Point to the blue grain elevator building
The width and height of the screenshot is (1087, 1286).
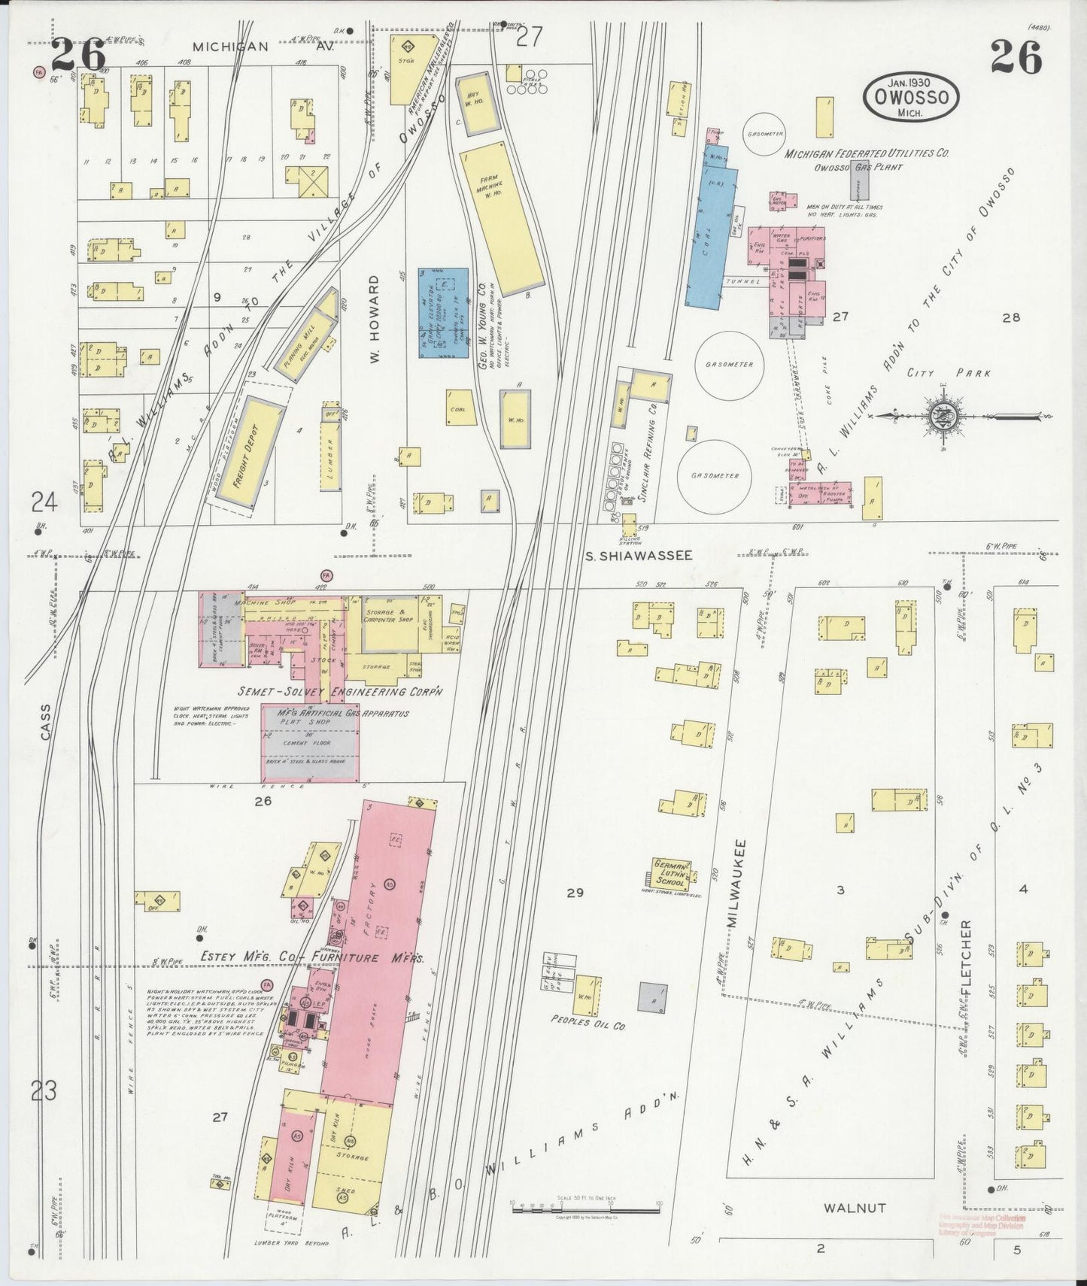[x=445, y=311]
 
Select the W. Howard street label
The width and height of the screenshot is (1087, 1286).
[x=374, y=320]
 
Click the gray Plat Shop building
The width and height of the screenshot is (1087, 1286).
[x=311, y=741]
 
